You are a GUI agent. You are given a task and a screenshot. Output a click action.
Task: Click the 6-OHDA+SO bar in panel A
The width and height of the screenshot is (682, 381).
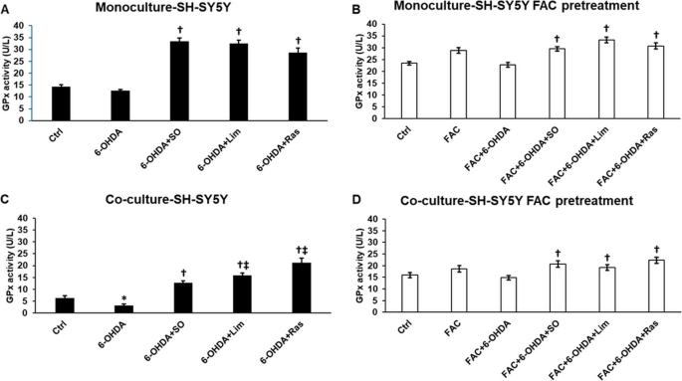point(179,82)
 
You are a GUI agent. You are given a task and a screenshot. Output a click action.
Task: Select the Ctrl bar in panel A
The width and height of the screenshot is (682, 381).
point(61,103)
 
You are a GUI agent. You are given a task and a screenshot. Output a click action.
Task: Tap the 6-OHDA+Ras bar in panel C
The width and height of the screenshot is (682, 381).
point(302,287)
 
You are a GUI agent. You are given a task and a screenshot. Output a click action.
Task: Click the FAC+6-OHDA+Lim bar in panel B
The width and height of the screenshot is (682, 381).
point(606,79)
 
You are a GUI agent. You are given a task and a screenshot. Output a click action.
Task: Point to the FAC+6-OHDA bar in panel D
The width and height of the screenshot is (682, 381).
point(508,294)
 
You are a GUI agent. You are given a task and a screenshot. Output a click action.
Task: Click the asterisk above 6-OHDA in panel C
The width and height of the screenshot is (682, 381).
point(124,298)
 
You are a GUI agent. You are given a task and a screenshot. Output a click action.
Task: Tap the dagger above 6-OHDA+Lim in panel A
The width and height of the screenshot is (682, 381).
point(238,31)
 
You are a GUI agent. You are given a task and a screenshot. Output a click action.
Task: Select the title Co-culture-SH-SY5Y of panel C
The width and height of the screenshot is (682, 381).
point(167,199)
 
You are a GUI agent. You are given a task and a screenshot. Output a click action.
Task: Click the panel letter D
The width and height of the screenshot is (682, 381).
point(355,199)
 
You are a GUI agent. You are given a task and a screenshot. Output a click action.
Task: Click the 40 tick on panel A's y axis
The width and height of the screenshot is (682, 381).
point(21,26)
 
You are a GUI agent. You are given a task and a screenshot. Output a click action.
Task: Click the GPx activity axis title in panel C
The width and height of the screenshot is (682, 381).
point(7,266)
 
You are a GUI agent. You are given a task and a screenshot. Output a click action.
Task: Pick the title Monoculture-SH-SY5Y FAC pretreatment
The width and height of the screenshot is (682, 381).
point(517,6)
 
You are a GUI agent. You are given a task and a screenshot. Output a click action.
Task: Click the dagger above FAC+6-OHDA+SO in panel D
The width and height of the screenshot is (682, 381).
point(558,254)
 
